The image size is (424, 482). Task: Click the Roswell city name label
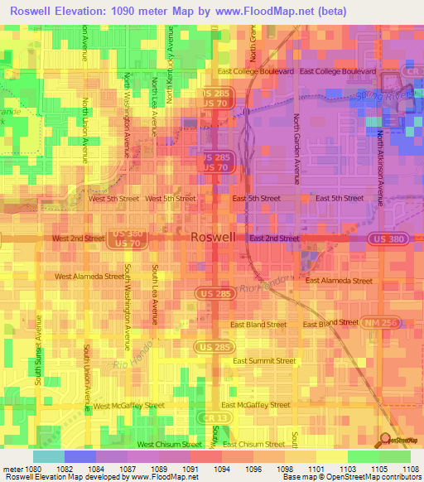213,237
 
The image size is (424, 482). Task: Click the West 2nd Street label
78,238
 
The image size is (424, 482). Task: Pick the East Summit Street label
264,360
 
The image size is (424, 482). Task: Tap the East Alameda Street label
339,281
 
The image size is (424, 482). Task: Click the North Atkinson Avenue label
380,166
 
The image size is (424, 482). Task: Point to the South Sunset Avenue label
39,348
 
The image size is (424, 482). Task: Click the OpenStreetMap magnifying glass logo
383,439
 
